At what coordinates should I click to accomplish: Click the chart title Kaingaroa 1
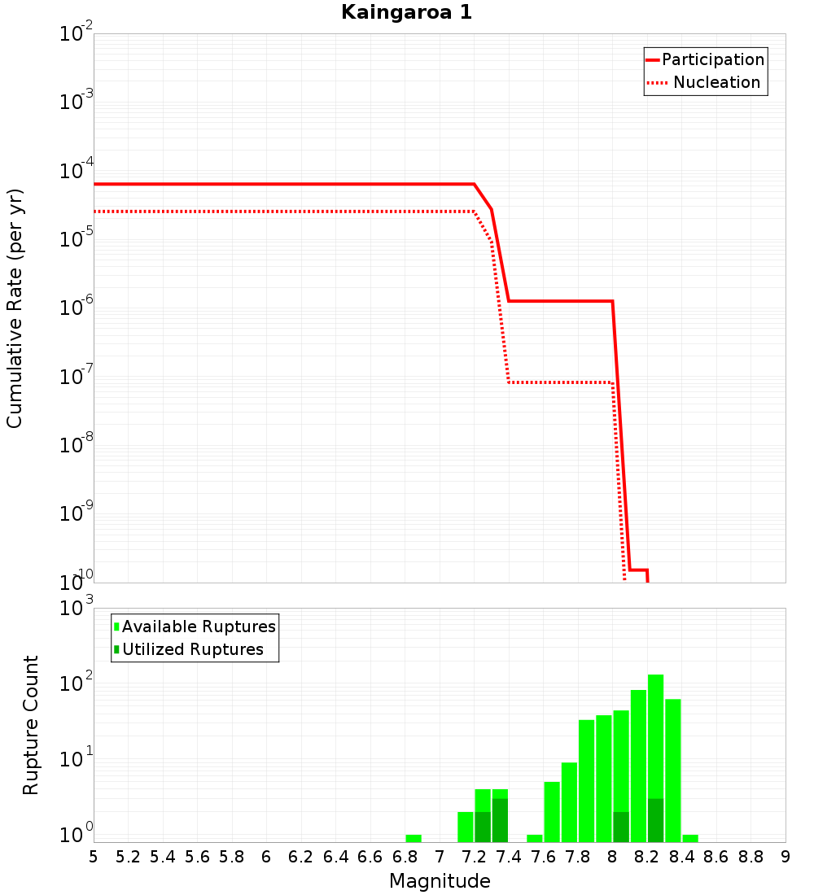coord(406,12)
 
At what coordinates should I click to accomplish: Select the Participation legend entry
coord(713,59)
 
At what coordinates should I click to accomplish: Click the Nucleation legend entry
coord(716,82)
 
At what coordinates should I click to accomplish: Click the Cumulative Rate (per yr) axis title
coord(15,308)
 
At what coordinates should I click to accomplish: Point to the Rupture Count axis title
coord(31,725)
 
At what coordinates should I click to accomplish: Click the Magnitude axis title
coord(440,881)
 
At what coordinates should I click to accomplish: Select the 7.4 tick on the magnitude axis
coord(509,856)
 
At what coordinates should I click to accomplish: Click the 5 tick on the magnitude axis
coord(94,856)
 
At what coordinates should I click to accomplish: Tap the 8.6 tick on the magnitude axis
coord(716,856)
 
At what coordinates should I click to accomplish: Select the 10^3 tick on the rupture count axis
coord(77,607)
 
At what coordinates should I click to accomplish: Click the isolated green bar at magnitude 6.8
coord(414,838)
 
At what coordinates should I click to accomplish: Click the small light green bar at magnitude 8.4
coord(690,838)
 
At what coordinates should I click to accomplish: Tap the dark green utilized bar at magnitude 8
coord(621,827)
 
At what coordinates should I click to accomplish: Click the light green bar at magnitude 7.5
coord(535,838)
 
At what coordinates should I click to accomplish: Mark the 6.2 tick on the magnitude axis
coord(301,856)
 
